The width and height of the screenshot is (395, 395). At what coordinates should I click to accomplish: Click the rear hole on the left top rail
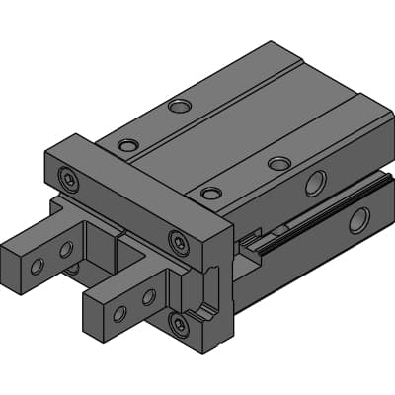[179, 106]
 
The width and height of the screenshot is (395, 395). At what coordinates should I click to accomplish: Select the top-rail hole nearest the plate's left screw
[128, 145]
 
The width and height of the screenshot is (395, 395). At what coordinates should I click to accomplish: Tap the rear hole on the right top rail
[279, 163]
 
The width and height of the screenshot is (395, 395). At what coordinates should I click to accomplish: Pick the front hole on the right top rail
[209, 193]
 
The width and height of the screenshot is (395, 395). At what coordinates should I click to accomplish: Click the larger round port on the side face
[315, 183]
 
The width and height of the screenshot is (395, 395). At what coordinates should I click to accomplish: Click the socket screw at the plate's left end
[67, 178]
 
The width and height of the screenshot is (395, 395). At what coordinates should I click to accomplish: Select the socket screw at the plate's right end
[178, 240]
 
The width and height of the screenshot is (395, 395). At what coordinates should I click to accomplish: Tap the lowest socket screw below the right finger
[178, 324]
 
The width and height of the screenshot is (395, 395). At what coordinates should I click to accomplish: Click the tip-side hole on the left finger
[38, 267]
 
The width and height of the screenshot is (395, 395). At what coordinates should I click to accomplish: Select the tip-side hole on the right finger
[119, 314]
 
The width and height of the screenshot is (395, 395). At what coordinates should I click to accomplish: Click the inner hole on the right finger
[148, 296]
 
